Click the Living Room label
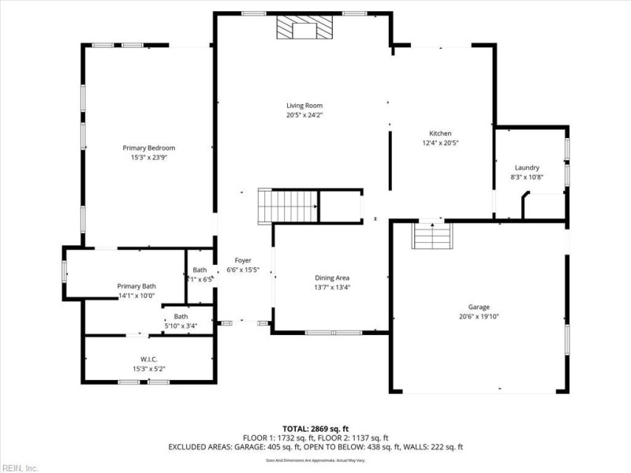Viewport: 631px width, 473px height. click(304, 106)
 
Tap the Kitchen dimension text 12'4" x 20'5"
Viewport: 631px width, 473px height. click(440, 143)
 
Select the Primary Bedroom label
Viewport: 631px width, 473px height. click(148, 147)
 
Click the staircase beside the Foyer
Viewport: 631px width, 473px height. click(288, 207)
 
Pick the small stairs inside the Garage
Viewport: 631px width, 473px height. click(434, 236)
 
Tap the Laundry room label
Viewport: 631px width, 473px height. click(527, 167)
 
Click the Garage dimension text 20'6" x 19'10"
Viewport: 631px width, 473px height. click(479, 316)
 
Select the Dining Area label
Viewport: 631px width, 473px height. click(332, 277)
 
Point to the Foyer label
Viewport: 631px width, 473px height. click(243, 260)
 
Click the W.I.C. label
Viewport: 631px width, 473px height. click(148, 359)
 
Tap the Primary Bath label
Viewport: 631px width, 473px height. click(136, 286)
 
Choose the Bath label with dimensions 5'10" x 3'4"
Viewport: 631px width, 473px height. click(181, 316)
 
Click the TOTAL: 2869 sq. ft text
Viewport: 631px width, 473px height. click(315, 428)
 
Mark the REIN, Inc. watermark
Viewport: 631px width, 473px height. click(19, 467)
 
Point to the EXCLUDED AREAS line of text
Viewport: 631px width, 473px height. click(315, 447)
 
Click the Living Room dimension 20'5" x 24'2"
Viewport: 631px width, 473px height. click(304, 115)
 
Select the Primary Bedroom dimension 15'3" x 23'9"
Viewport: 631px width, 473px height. click(148, 157)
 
